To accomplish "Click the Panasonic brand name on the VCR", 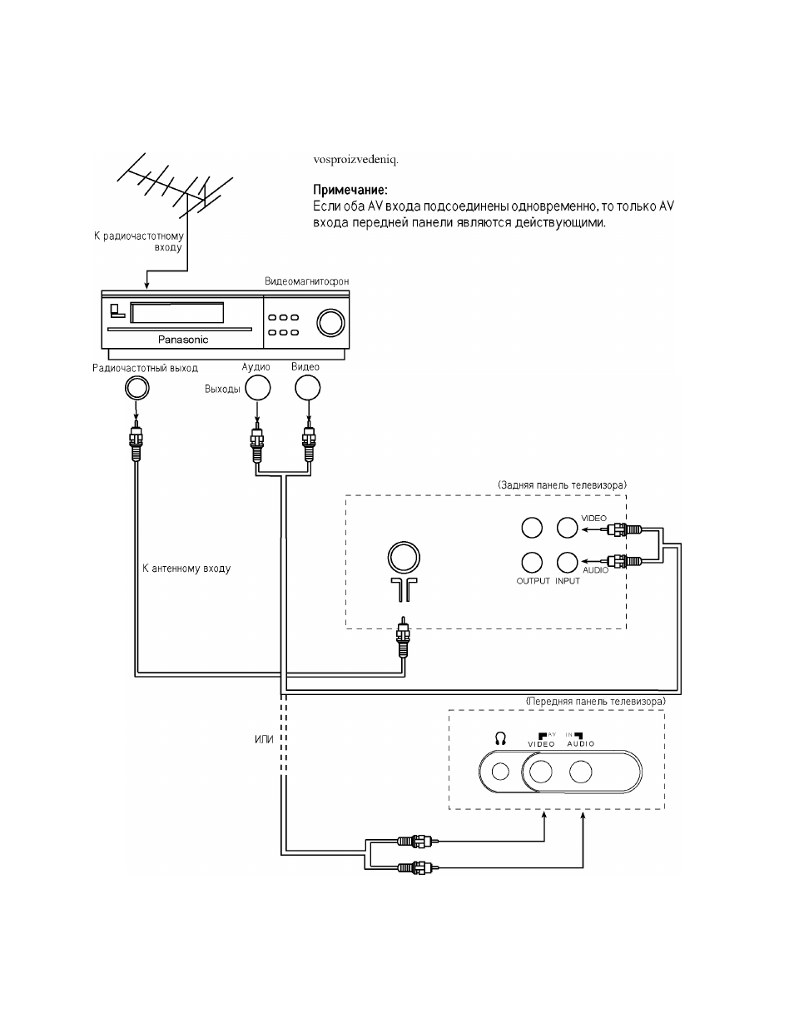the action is [183, 340].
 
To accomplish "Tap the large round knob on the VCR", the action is [331, 323].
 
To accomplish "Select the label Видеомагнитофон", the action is [307, 281].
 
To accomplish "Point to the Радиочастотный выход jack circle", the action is [137, 389].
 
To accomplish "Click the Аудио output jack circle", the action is [258, 388].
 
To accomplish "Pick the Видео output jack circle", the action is [307, 388].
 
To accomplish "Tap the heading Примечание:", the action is [350, 190].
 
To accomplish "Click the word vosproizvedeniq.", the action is [355, 160].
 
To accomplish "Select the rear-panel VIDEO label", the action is [593, 518].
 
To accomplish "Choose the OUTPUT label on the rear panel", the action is [533, 581].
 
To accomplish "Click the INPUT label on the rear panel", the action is [568, 581].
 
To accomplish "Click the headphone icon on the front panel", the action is [500, 738].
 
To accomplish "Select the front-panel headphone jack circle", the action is [500, 772].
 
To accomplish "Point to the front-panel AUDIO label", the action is [581, 743].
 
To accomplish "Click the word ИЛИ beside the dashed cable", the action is [264, 739].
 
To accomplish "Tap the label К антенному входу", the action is [186, 569].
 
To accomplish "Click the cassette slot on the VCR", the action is [177, 313].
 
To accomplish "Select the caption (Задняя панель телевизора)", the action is [562, 485].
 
